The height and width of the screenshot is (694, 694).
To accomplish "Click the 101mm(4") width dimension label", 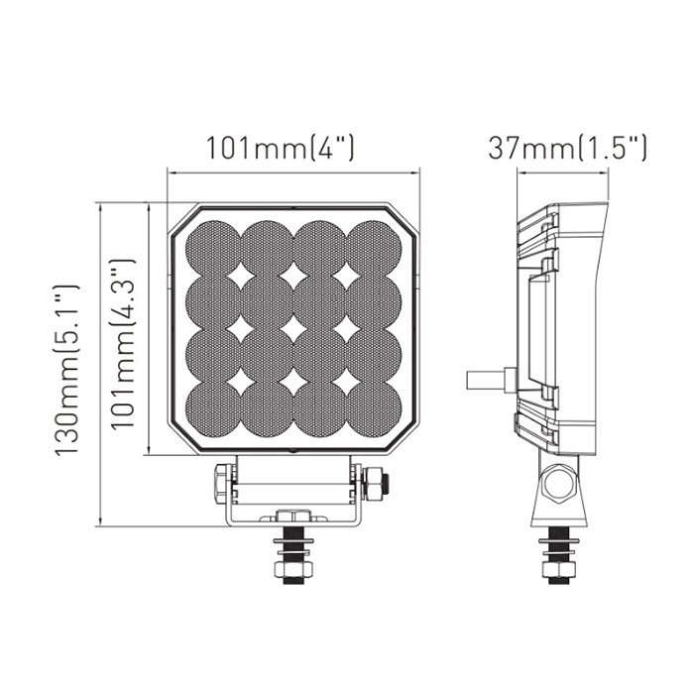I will click(x=280, y=149).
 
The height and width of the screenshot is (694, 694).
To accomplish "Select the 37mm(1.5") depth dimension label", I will click(x=567, y=149).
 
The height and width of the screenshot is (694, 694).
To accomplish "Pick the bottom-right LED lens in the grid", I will click(x=374, y=407).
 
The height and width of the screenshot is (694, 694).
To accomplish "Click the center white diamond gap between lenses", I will click(x=294, y=326).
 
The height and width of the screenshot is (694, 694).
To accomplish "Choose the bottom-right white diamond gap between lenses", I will click(x=348, y=380).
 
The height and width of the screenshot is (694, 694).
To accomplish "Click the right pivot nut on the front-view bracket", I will click(x=376, y=484).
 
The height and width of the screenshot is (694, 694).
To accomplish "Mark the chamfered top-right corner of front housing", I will click(x=406, y=221).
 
